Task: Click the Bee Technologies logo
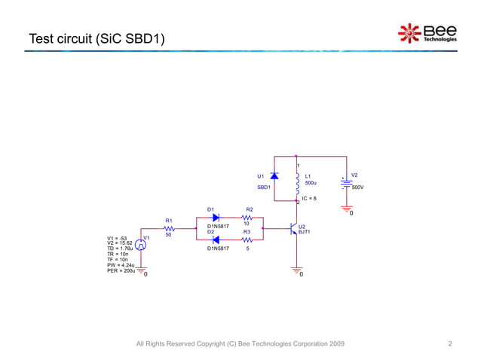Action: point(427,34)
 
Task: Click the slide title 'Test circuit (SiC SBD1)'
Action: point(97,38)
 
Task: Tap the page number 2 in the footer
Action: point(450,344)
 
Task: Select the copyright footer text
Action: point(240,344)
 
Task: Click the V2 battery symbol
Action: point(346,183)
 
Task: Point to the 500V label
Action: point(357,187)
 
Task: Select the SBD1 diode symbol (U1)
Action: point(274,176)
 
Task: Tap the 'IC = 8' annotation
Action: point(308,198)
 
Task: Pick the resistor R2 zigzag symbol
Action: point(247,216)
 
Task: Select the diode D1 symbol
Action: point(216,216)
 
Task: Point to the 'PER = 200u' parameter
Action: point(121,270)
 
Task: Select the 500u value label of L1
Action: point(310,182)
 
